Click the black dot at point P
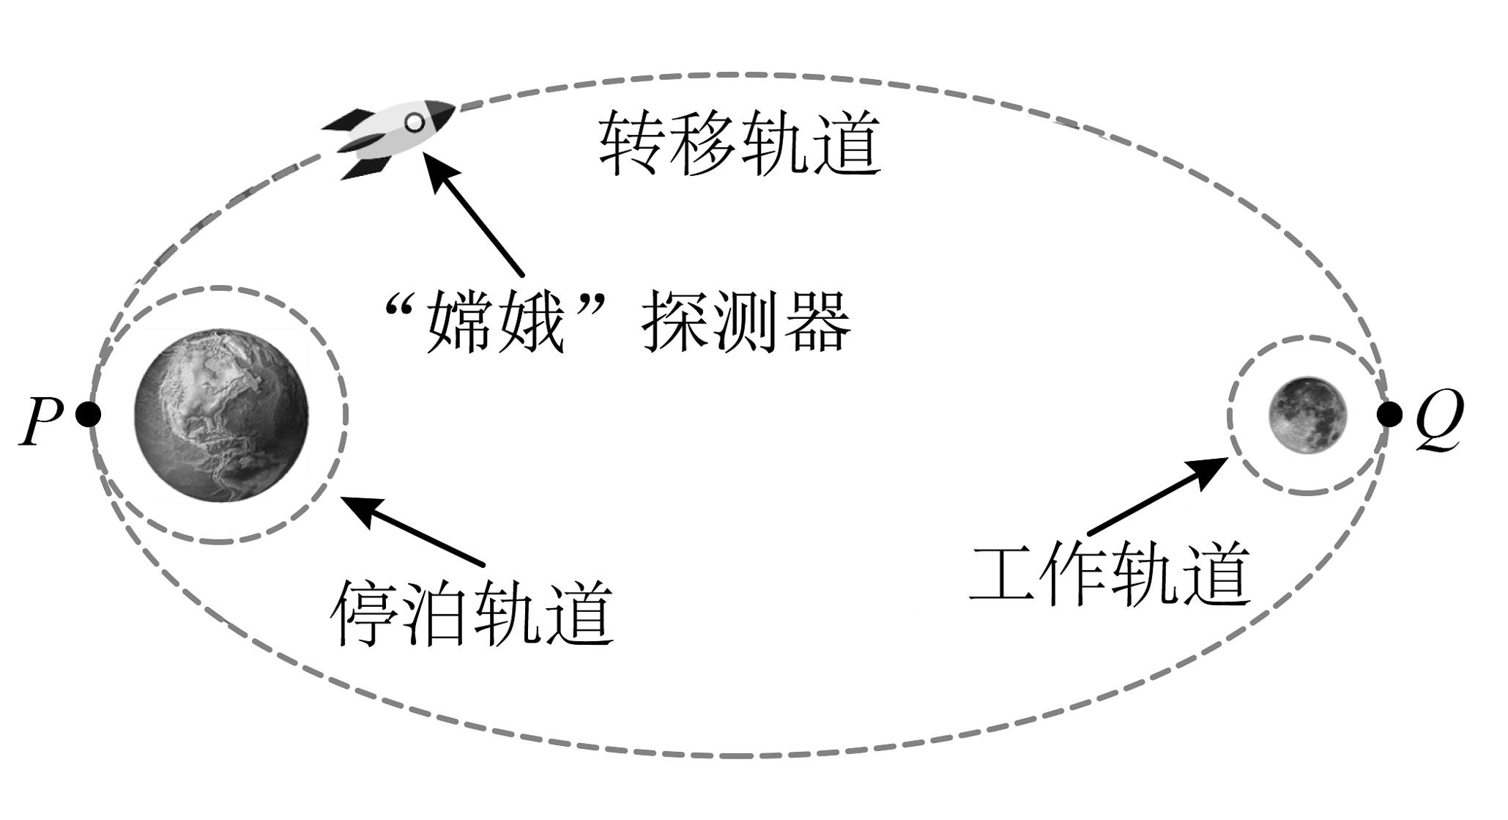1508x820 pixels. (x=88, y=415)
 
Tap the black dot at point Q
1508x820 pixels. (x=1389, y=415)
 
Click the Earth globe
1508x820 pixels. (x=221, y=415)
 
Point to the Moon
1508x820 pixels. (x=1307, y=415)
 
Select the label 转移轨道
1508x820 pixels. (x=740, y=143)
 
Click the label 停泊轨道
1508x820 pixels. (x=472, y=613)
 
